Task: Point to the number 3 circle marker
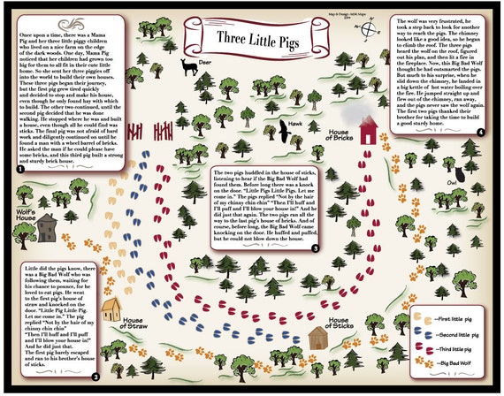pyautogui.click(x=314, y=248)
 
